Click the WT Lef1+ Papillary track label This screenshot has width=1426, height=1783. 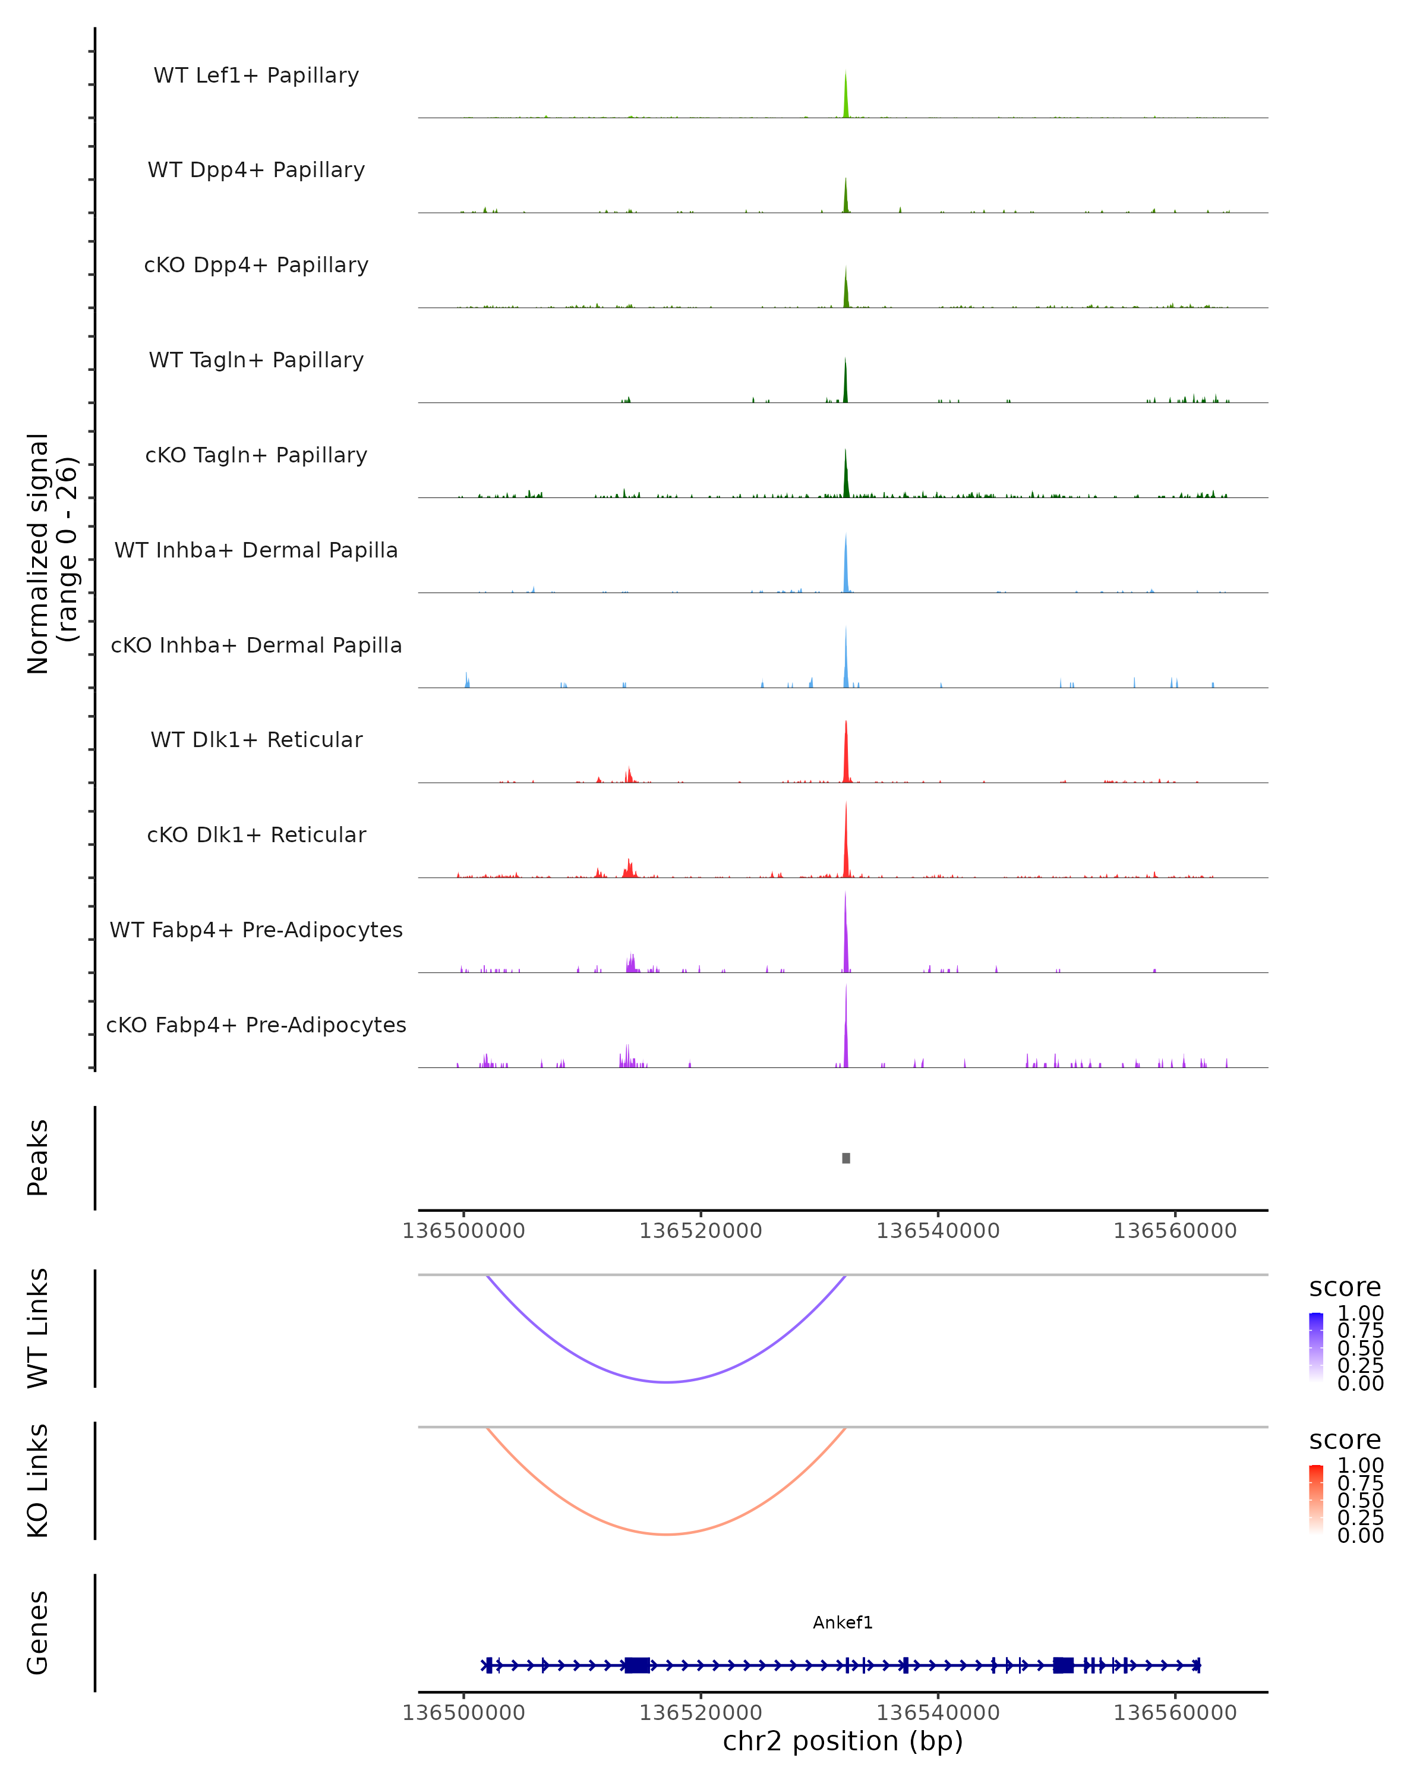coord(256,75)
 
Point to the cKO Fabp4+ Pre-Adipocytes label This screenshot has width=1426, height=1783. coord(256,1025)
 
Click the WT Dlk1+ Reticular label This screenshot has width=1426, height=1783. coord(256,740)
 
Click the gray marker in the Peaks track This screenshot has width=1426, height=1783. coord(845,1158)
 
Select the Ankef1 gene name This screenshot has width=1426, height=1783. coord(843,1623)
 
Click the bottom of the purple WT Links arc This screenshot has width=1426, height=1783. coord(666,1381)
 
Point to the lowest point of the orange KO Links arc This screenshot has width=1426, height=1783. coord(666,1534)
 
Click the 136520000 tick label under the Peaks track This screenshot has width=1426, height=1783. coord(700,1231)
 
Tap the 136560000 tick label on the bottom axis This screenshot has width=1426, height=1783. coord(1175,1712)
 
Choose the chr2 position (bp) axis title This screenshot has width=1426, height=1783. coord(843,1741)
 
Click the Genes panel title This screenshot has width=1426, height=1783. coord(38,1633)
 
